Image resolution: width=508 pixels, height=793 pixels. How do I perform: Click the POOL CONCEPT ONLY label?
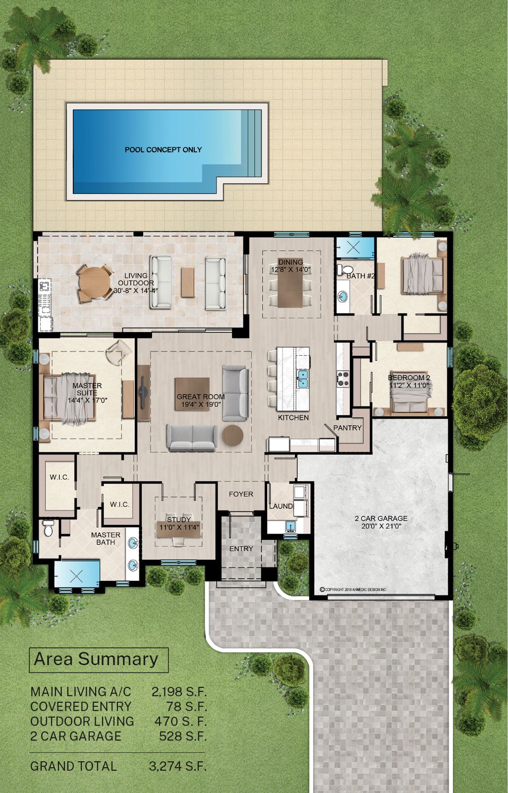click(163, 150)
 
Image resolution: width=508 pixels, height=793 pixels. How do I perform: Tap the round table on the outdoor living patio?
click(94, 283)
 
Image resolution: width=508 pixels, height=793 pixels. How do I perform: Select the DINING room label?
click(290, 262)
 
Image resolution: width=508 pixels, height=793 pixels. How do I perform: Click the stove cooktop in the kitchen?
click(342, 378)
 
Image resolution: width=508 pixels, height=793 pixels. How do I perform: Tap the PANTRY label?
click(347, 428)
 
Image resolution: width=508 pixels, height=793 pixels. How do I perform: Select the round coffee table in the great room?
click(232, 434)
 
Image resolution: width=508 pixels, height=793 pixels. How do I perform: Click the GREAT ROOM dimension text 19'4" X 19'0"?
click(201, 404)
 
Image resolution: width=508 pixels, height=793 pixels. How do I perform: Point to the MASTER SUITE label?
click(87, 389)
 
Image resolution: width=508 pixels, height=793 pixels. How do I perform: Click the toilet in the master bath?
click(48, 528)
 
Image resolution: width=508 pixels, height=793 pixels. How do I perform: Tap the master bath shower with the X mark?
click(76, 576)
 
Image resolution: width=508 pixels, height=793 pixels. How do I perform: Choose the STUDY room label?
click(179, 519)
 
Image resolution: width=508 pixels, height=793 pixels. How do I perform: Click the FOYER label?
click(241, 494)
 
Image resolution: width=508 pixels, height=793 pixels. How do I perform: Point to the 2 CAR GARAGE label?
click(381, 518)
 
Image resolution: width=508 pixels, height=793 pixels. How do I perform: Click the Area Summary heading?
click(96, 659)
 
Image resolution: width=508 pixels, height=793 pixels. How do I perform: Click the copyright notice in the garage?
click(353, 589)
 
